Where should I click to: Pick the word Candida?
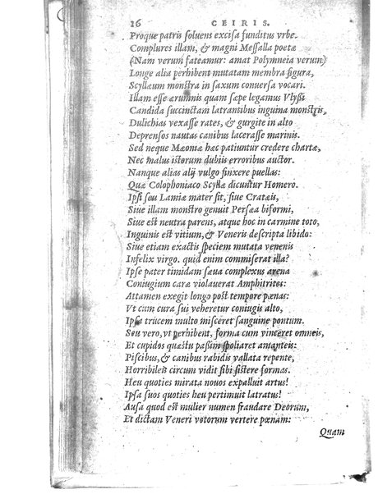(x=148, y=107)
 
